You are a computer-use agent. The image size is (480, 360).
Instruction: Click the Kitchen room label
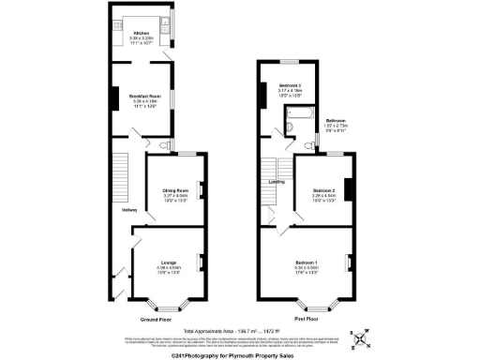(141, 33)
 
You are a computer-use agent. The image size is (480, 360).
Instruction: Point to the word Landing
(277, 181)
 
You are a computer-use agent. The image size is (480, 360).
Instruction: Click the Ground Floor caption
(156, 320)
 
